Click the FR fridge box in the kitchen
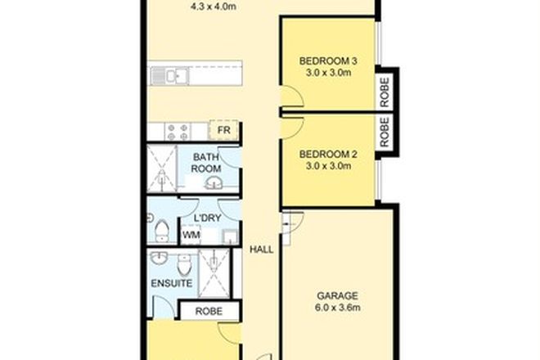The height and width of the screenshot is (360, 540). (x=223, y=130)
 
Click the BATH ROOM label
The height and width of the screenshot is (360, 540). (x=205, y=162)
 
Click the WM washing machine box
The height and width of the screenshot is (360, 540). (x=191, y=235)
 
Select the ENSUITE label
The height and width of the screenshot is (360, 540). (x=172, y=284)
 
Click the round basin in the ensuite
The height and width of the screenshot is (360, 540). (x=160, y=261)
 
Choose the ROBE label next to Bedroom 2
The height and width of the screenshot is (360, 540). (x=387, y=131)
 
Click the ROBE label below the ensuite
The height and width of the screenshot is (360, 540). (x=209, y=311)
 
